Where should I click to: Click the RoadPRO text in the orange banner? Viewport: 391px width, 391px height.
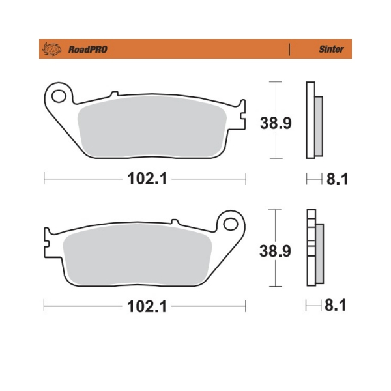[88, 50]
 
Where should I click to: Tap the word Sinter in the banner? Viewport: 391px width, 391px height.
[331, 49]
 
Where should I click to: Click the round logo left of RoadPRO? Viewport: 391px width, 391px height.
[52, 49]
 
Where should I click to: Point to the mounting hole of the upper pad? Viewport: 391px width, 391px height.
[59, 96]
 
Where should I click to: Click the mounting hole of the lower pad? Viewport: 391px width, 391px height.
[231, 224]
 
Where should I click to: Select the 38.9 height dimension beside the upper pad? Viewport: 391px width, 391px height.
[276, 123]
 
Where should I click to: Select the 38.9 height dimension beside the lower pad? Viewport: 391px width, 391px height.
[275, 251]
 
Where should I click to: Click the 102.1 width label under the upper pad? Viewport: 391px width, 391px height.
[147, 179]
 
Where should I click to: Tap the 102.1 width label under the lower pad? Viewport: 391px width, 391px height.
[147, 306]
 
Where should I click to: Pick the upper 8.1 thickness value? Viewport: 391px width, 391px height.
[337, 179]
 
